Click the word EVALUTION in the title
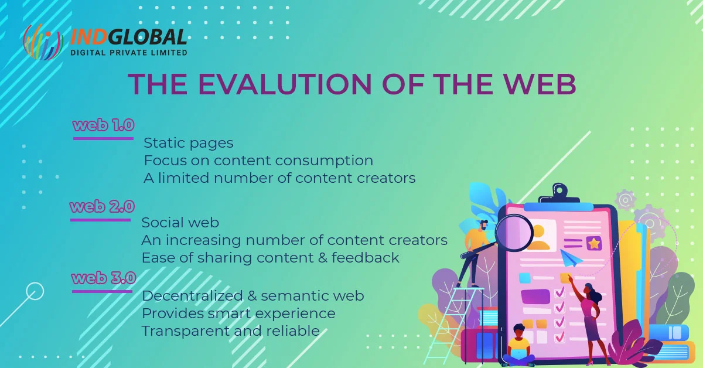pyautogui.click(x=285, y=84)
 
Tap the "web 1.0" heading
pyautogui.click(x=104, y=125)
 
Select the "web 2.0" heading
pyautogui.click(x=103, y=206)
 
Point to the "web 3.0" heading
pyautogui.click(x=104, y=278)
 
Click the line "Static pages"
pyautogui.click(x=189, y=143)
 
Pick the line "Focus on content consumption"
pyautogui.click(x=258, y=161)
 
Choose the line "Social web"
pyautogui.click(x=180, y=223)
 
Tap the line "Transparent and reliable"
pyautogui.click(x=231, y=331)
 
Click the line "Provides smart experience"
pyautogui.click(x=238, y=314)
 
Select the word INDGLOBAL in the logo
pyautogui.click(x=129, y=37)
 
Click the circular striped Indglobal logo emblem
pyautogui.click(x=43, y=42)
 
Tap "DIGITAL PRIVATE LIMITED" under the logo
pyautogui.click(x=129, y=52)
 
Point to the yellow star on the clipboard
pyautogui.click(x=594, y=243)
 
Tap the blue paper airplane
pyautogui.click(x=571, y=257)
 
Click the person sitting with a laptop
pyautogui.click(x=518, y=345)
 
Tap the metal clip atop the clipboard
pyautogui.click(x=559, y=195)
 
